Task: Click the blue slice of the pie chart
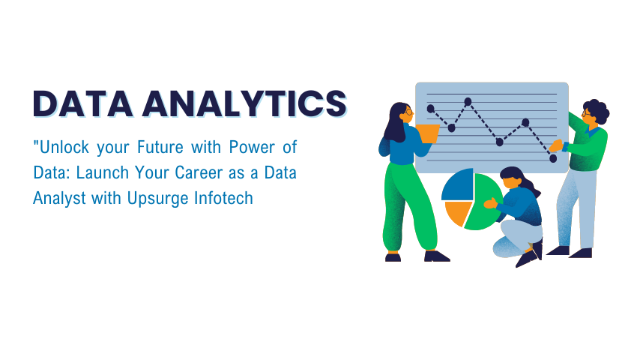456,187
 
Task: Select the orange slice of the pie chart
456,213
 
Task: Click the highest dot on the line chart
468,101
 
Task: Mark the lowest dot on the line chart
553,158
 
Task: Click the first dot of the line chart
430,109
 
